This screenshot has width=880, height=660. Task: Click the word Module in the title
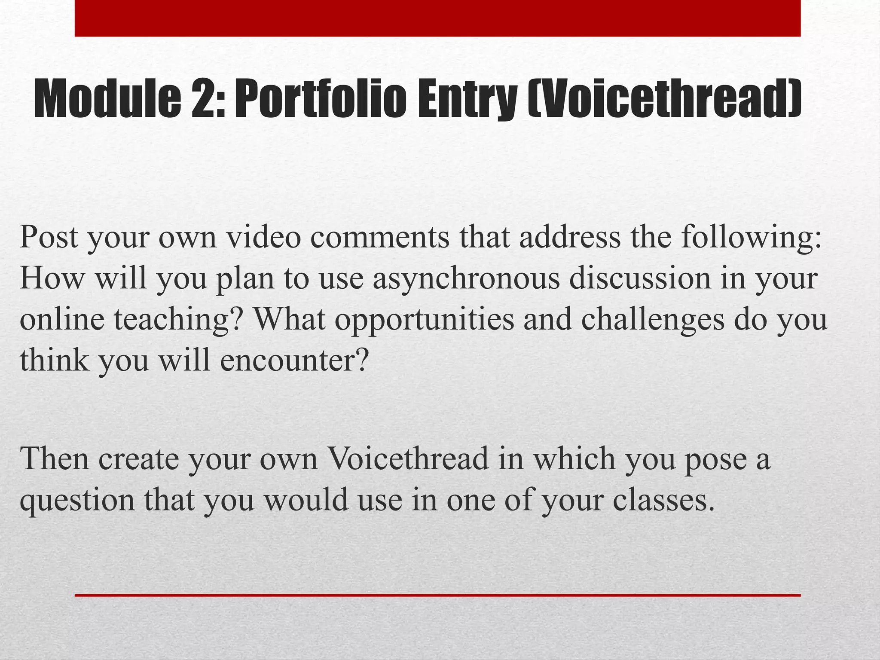107,100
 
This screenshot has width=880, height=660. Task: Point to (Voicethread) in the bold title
664,100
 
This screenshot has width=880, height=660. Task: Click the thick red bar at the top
437,18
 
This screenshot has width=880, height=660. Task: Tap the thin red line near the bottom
437,595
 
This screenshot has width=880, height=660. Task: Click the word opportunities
424,320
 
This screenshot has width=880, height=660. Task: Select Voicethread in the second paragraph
408,459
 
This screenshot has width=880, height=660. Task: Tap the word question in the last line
77,500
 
